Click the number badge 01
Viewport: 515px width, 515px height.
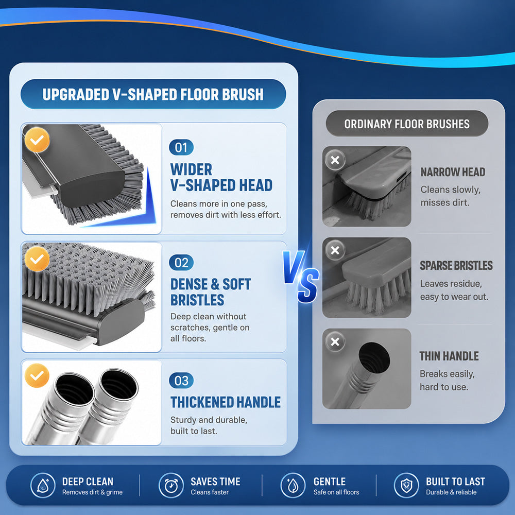click(181, 147)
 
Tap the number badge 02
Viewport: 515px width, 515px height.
click(181, 263)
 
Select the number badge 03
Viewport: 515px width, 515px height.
click(181, 381)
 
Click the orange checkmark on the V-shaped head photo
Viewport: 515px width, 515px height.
click(37, 140)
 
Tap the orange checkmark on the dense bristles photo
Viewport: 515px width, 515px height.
click(37, 259)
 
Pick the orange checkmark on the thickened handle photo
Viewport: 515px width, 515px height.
click(37, 375)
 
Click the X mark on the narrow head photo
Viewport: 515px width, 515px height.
click(335, 160)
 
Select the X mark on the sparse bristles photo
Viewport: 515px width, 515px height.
click(335, 250)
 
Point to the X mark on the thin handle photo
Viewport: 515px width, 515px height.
click(335, 341)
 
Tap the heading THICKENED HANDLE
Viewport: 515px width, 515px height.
click(226, 402)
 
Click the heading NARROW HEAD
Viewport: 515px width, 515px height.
click(453, 172)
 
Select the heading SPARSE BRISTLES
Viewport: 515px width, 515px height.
click(456, 265)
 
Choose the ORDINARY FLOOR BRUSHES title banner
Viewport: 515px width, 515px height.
click(407, 124)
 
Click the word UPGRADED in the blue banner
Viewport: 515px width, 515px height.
click(76, 95)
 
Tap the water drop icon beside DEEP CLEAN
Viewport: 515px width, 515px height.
click(43, 486)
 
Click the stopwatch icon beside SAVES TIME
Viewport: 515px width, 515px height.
click(171, 486)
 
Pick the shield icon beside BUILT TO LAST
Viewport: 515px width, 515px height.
click(406, 486)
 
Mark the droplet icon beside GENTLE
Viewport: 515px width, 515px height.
click(293, 486)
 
